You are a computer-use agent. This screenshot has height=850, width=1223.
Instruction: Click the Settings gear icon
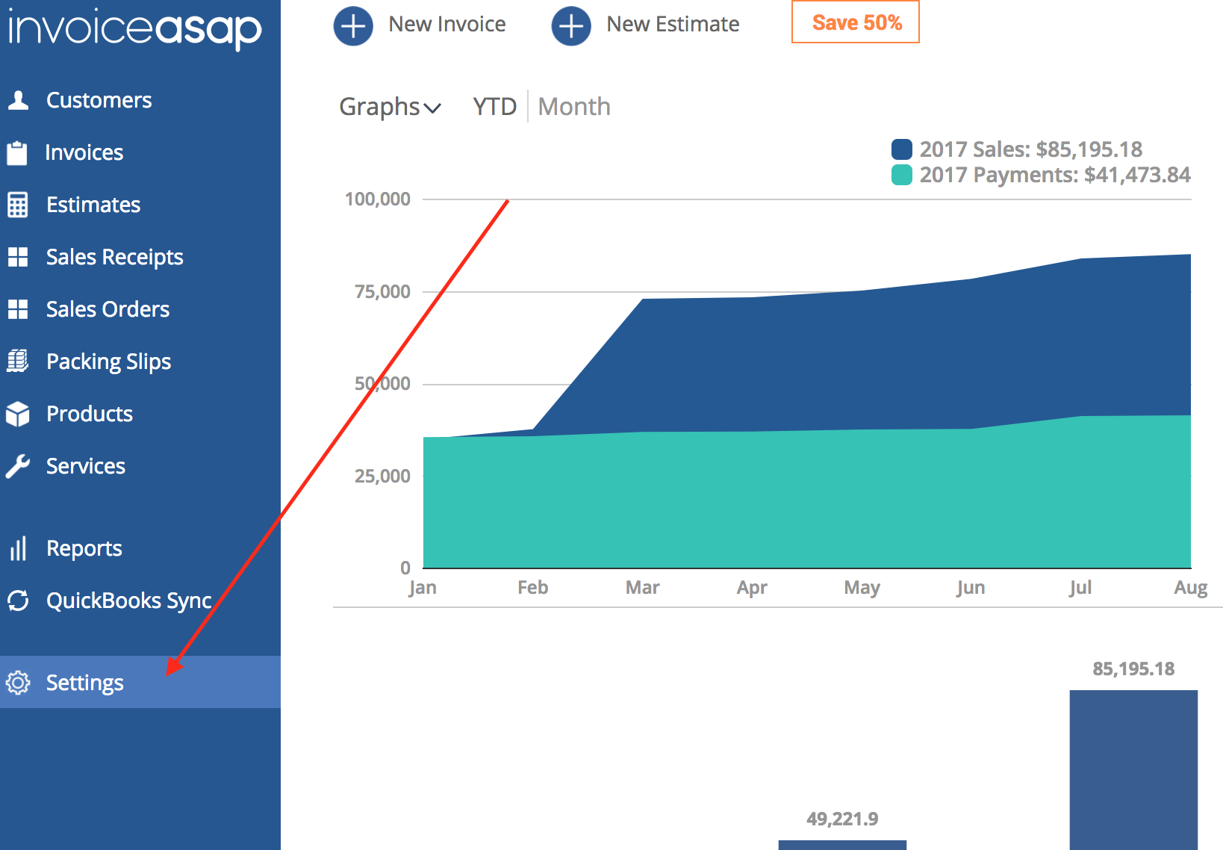tap(18, 682)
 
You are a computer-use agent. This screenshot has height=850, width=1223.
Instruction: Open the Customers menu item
tap(99, 100)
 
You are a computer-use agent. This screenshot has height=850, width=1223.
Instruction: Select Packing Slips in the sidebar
tap(108, 362)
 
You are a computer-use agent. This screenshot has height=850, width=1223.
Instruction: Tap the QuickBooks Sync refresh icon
tap(18, 601)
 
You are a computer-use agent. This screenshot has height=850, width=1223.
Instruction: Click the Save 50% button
tap(856, 22)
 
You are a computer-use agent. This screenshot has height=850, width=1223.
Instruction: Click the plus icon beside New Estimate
tap(571, 25)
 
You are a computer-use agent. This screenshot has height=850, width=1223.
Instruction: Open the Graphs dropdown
tap(390, 107)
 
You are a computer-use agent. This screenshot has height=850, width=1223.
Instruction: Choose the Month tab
tap(573, 107)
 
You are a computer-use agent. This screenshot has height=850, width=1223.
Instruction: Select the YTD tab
tap(494, 107)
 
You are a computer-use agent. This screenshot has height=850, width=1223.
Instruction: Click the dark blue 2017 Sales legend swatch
tap(902, 149)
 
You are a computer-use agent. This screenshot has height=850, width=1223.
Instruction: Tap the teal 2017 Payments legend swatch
tap(902, 175)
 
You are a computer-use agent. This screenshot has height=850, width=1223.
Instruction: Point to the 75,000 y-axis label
tap(382, 291)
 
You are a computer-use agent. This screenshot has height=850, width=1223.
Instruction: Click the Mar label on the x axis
tap(642, 588)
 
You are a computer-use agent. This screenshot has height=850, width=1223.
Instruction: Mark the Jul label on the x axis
tap(1080, 588)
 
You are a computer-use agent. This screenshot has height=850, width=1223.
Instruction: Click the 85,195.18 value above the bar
tap(1133, 668)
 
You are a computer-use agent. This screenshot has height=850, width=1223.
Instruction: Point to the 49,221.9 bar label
tap(842, 819)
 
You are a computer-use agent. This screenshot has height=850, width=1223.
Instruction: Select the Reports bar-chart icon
tap(18, 548)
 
